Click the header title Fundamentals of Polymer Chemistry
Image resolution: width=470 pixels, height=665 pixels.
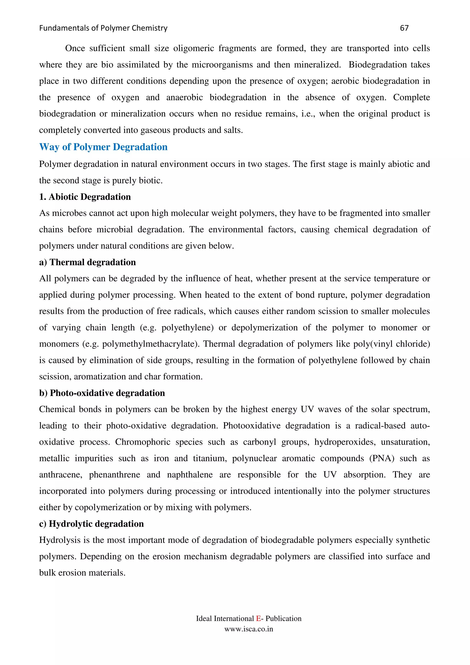[103, 28]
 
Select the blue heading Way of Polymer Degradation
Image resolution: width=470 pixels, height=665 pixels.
[103, 147]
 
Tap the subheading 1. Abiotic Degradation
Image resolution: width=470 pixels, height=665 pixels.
[85, 197]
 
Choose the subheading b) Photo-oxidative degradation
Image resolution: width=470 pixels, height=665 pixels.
[102, 393]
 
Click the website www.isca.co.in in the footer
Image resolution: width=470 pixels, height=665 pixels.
[249, 629]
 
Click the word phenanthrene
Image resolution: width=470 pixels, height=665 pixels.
[114, 475]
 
